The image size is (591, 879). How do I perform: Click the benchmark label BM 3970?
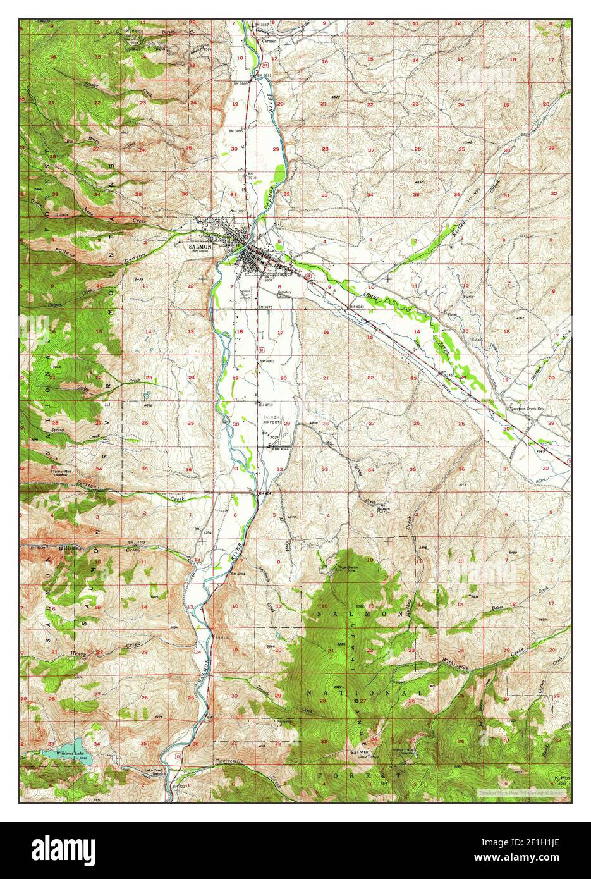click(x=265, y=307)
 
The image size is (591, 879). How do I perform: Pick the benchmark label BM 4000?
click(x=266, y=360)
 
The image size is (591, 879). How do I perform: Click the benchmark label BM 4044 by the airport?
click(x=281, y=448)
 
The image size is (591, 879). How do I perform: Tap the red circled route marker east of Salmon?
click(x=308, y=276)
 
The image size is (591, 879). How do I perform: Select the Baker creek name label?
click(x=499, y=608)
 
